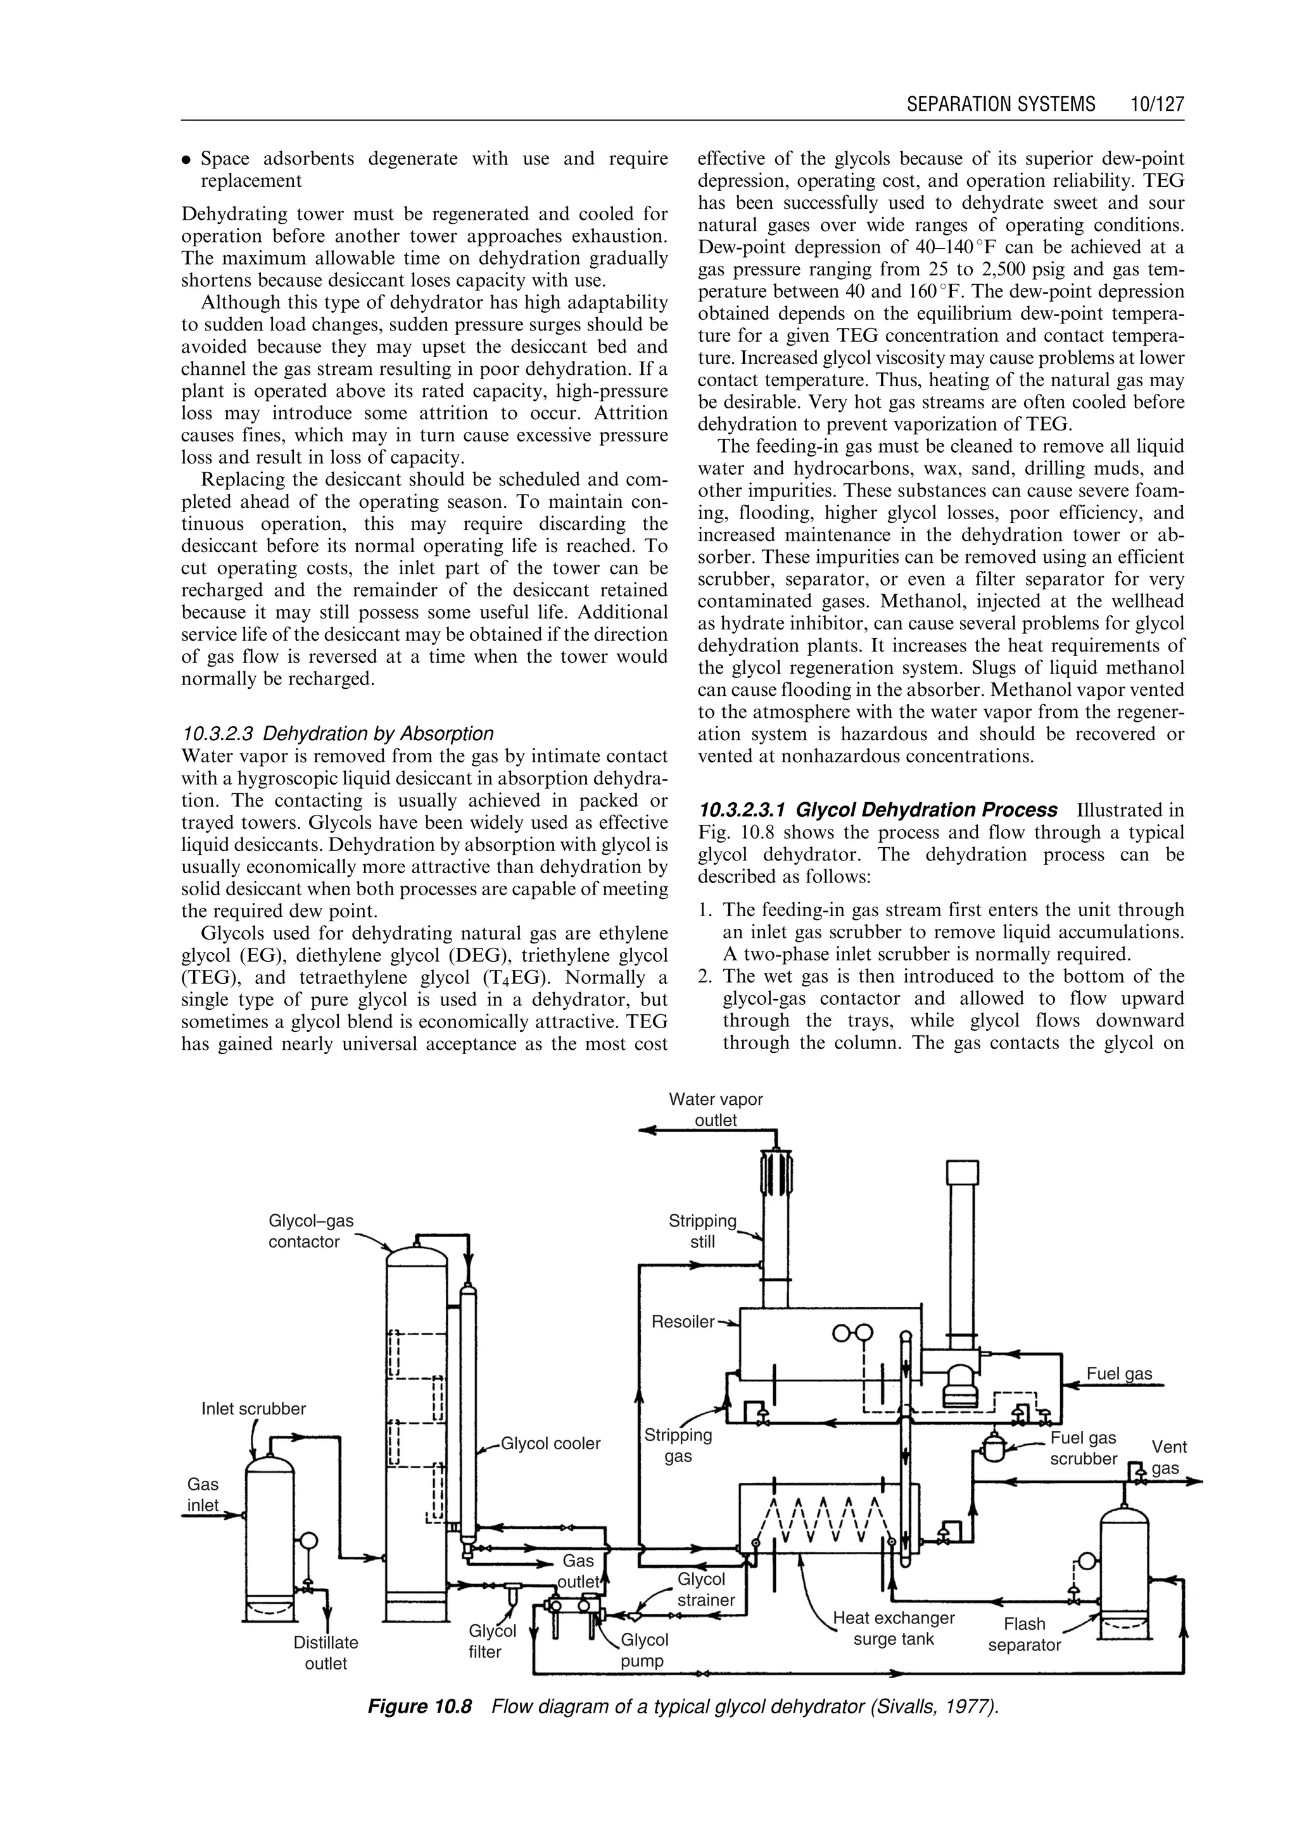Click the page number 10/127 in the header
1156,104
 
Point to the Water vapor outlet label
716,1110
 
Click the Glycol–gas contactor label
311,1231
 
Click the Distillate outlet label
326,1653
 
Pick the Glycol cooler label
550,1443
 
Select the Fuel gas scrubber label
1083,1449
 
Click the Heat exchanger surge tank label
894,1629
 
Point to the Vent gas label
1168,1457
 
